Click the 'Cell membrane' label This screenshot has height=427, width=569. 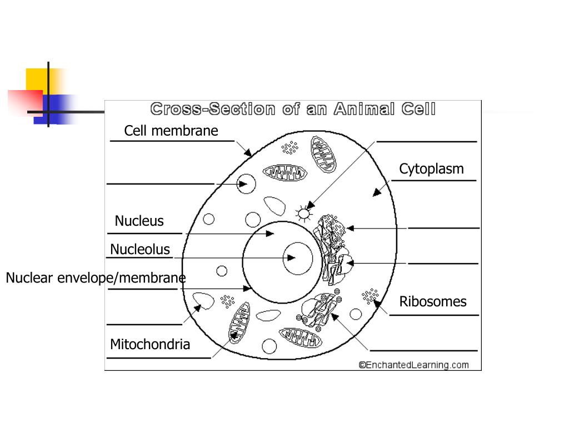[x=171, y=131]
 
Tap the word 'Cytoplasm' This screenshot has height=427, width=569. [x=431, y=169]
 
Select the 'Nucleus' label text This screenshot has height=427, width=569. [x=139, y=221]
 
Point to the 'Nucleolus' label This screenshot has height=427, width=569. [x=140, y=249]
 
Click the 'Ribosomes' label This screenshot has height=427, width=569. [x=433, y=301]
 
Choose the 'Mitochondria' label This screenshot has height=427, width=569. [x=150, y=344]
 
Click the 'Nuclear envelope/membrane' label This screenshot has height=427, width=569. [x=96, y=277]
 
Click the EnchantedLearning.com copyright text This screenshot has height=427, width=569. [x=414, y=365]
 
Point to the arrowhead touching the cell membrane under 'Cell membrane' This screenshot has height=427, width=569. [x=248, y=152]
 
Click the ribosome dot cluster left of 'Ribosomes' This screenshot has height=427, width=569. [x=370, y=295]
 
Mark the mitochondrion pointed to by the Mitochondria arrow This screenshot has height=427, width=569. [x=239, y=328]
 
